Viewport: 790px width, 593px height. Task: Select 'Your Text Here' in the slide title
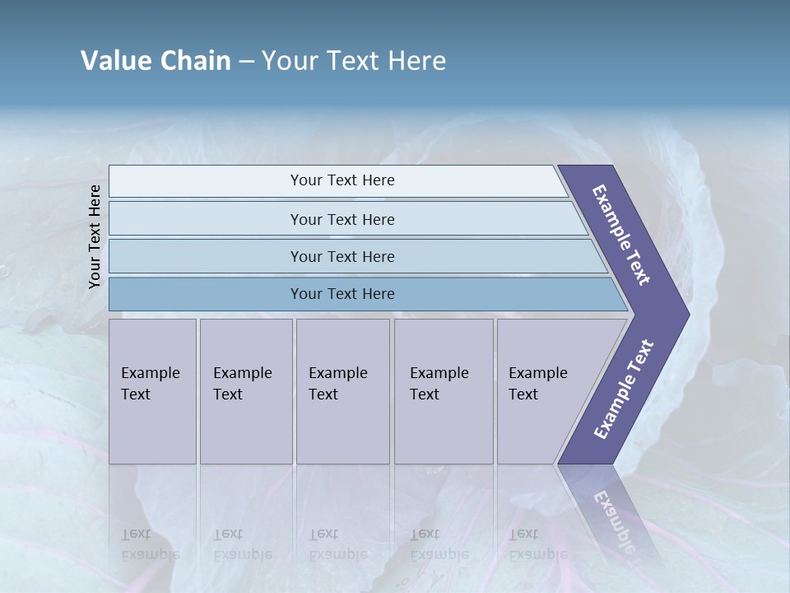(354, 61)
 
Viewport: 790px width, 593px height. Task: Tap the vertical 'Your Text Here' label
(95, 236)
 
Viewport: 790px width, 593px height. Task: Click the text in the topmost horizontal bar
(342, 180)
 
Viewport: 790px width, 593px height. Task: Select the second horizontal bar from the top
(342, 219)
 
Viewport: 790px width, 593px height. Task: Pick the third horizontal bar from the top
(342, 256)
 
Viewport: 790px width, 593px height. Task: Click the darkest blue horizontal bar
(342, 294)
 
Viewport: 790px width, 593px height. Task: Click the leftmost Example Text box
(152, 391)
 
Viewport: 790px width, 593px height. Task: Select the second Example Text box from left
(245, 391)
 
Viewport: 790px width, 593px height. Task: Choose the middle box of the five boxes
(342, 391)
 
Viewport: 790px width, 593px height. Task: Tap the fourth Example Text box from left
(443, 391)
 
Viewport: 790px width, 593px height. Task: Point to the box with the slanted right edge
(543, 391)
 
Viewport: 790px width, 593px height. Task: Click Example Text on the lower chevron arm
(624, 389)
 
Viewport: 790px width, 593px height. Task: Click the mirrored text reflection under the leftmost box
(150, 544)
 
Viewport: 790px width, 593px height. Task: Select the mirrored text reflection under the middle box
(337, 544)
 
